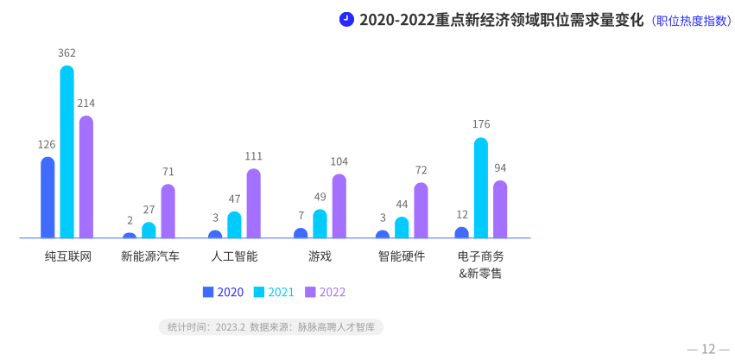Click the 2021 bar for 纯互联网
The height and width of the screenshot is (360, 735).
tap(67, 152)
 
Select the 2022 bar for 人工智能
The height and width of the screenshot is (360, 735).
tap(253, 204)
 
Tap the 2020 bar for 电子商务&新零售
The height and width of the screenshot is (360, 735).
tap(461, 233)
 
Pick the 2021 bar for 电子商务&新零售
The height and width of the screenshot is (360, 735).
tap(481, 188)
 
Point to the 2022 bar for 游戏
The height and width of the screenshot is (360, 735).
tap(339, 206)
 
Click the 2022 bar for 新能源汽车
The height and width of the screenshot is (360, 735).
tap(168, 212)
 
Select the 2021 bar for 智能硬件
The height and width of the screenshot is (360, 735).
tap(402, 228)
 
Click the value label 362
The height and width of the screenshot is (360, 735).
tap(67, 54)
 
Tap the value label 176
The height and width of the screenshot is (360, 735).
tap(481, 124)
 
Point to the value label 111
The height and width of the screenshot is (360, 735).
tap(253, 156)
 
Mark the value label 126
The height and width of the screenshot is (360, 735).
tap(47, 144)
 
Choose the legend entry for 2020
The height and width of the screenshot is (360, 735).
tap(223, 292)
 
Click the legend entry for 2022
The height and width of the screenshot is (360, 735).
tap(326, 292)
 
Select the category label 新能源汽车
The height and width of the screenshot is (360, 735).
tap(150, 256)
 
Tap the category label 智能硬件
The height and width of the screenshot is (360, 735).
tap(402, 256)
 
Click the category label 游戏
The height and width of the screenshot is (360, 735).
tap(320, 256)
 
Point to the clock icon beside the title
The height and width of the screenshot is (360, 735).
tap(346, 19)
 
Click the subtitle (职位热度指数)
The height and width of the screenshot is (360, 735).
tap(691, 21)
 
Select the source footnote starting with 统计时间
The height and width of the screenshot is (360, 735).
tap(271, 327)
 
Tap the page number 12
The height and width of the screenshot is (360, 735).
tap(708, 349)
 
